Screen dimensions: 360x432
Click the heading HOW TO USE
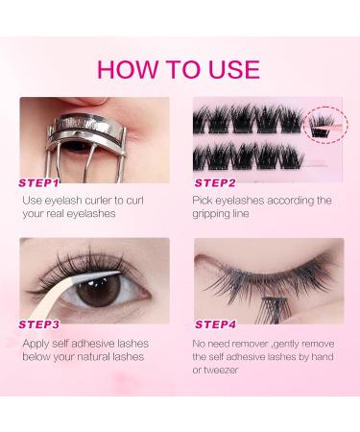pyautogui.click(x=179, y=69)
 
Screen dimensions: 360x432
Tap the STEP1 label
pyautogui.click(x=38, y=183)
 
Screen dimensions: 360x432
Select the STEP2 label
pyautogui.click(x=215, y=183)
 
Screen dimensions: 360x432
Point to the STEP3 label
pyautogui.click(x=39, y=324)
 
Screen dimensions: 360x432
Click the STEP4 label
pyautogui.click(x=215, y=324)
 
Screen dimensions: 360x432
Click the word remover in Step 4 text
pyautogui.click(x=250, y=344)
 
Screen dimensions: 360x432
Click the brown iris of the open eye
pyautogui.click(x=99, y=290)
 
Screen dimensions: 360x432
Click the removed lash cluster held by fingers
pyautogui.click(x=276, y=308)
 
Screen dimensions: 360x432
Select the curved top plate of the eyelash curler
pyautogui.click(x=86, y=126)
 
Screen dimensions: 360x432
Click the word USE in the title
pyautogui.click(x=234, y=69)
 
